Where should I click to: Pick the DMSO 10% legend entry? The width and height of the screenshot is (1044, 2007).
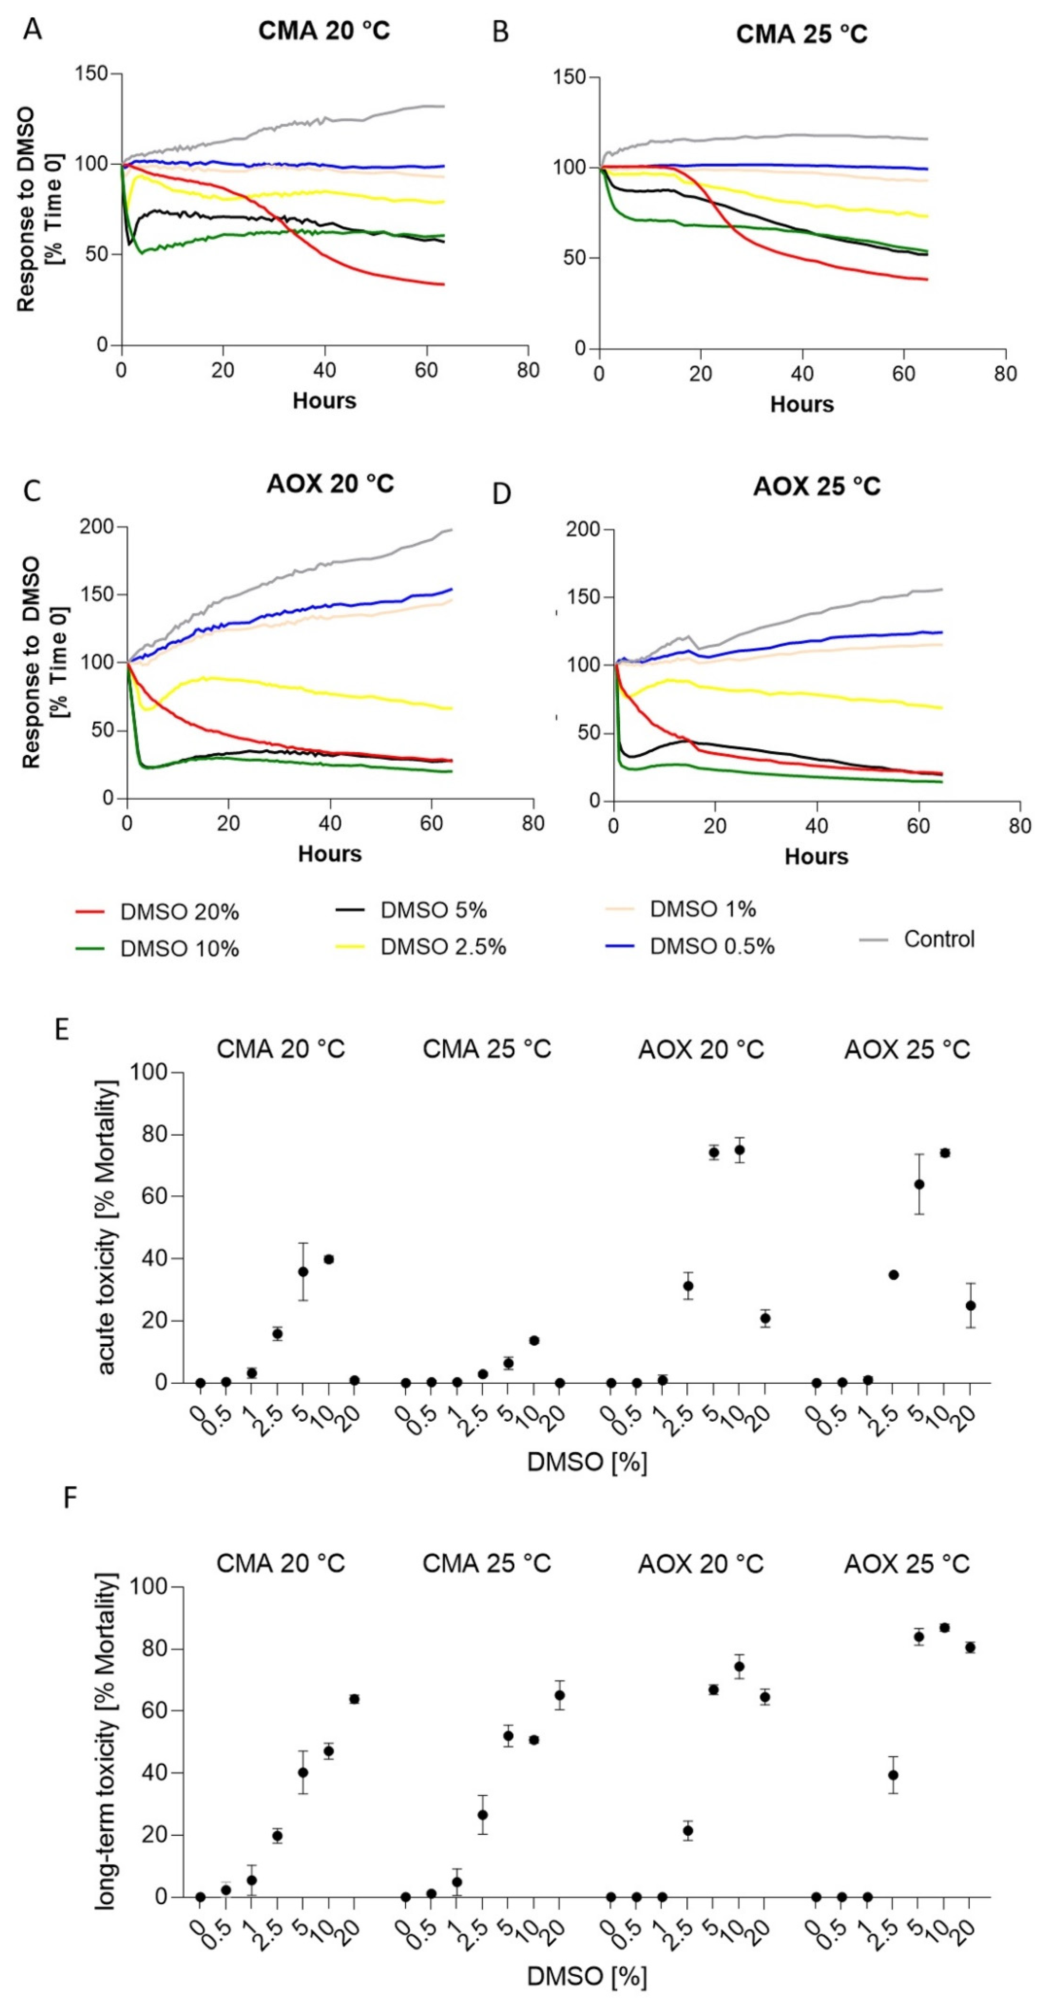pyautogui.click(x=178, y=949)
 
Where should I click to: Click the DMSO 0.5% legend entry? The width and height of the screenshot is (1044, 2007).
pyautogui.click(x=711, y=947)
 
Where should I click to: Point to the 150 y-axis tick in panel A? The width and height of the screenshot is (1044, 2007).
pyautogui.click(x=91, y=74)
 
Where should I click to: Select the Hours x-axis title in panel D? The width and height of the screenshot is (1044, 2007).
pyautogui.click(x=816, y=857)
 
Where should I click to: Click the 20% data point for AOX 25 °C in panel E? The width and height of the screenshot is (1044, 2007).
pyautogui.click(x=970, y=1305)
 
